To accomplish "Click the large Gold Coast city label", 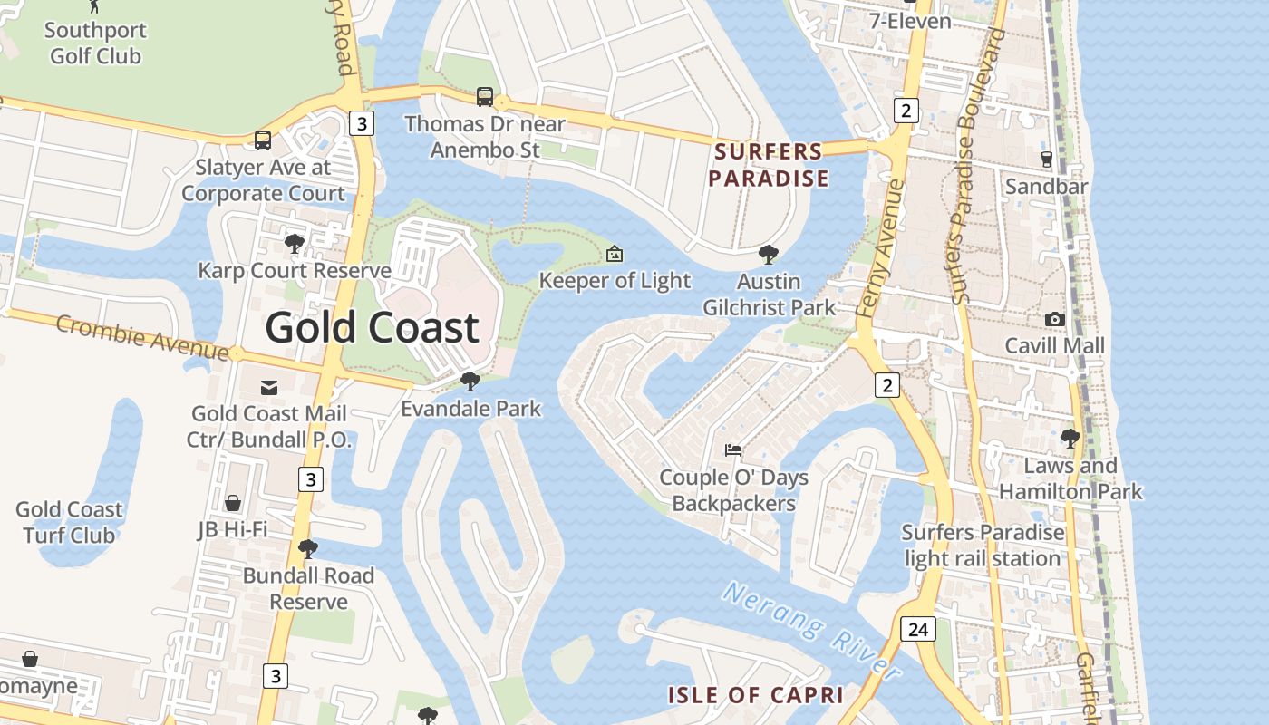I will tap(372, 327).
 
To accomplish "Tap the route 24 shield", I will tap(918, 629).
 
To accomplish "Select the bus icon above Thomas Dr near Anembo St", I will tap(485, 97).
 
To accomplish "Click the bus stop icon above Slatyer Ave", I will tap(263, 140).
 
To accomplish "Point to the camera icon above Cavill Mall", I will tap(1054, 319).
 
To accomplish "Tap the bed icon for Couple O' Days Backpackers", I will tap(732, 449).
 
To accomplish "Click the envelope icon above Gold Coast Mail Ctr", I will tap(269, 388).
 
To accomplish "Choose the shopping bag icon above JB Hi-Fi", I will tap(233, 503).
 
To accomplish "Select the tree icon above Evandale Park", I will tap(470, 382).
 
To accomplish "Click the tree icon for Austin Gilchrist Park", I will tap(769, 255).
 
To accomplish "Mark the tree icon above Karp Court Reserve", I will tap(294, 244).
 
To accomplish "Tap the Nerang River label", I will tap(812, 632).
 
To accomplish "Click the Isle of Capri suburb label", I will tap(755, 696).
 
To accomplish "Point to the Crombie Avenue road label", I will tap(141, 336).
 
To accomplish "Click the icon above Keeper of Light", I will tap(615, 254).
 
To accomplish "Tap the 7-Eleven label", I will tap(909, 21).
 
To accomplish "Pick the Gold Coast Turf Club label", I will tap(69, 522).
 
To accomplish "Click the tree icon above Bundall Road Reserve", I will tap(308, 549).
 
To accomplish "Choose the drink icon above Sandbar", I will tap(1046, 159).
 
